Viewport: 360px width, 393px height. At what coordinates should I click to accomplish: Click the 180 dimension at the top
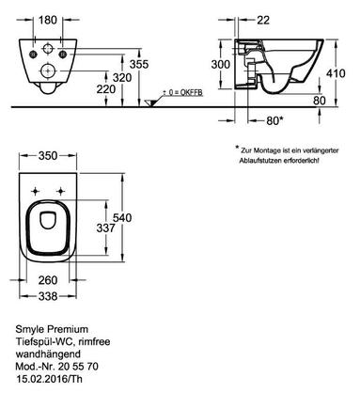coord(48,20)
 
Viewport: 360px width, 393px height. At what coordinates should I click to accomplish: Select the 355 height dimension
coord(139,64)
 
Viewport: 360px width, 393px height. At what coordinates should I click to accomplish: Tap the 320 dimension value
coord(122,77)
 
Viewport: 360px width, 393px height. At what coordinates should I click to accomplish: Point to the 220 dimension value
coord(106,89)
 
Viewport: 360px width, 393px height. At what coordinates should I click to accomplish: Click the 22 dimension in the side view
coord(263,20)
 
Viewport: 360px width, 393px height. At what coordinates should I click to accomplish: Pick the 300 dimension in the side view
coord(221,64)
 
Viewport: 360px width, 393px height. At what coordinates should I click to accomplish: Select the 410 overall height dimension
coord(336,73)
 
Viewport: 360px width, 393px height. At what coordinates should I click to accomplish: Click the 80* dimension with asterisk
coord(274,120)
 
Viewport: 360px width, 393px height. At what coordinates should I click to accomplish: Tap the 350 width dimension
coord(48,156)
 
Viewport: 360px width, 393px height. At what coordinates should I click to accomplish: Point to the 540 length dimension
coord(122,217)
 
